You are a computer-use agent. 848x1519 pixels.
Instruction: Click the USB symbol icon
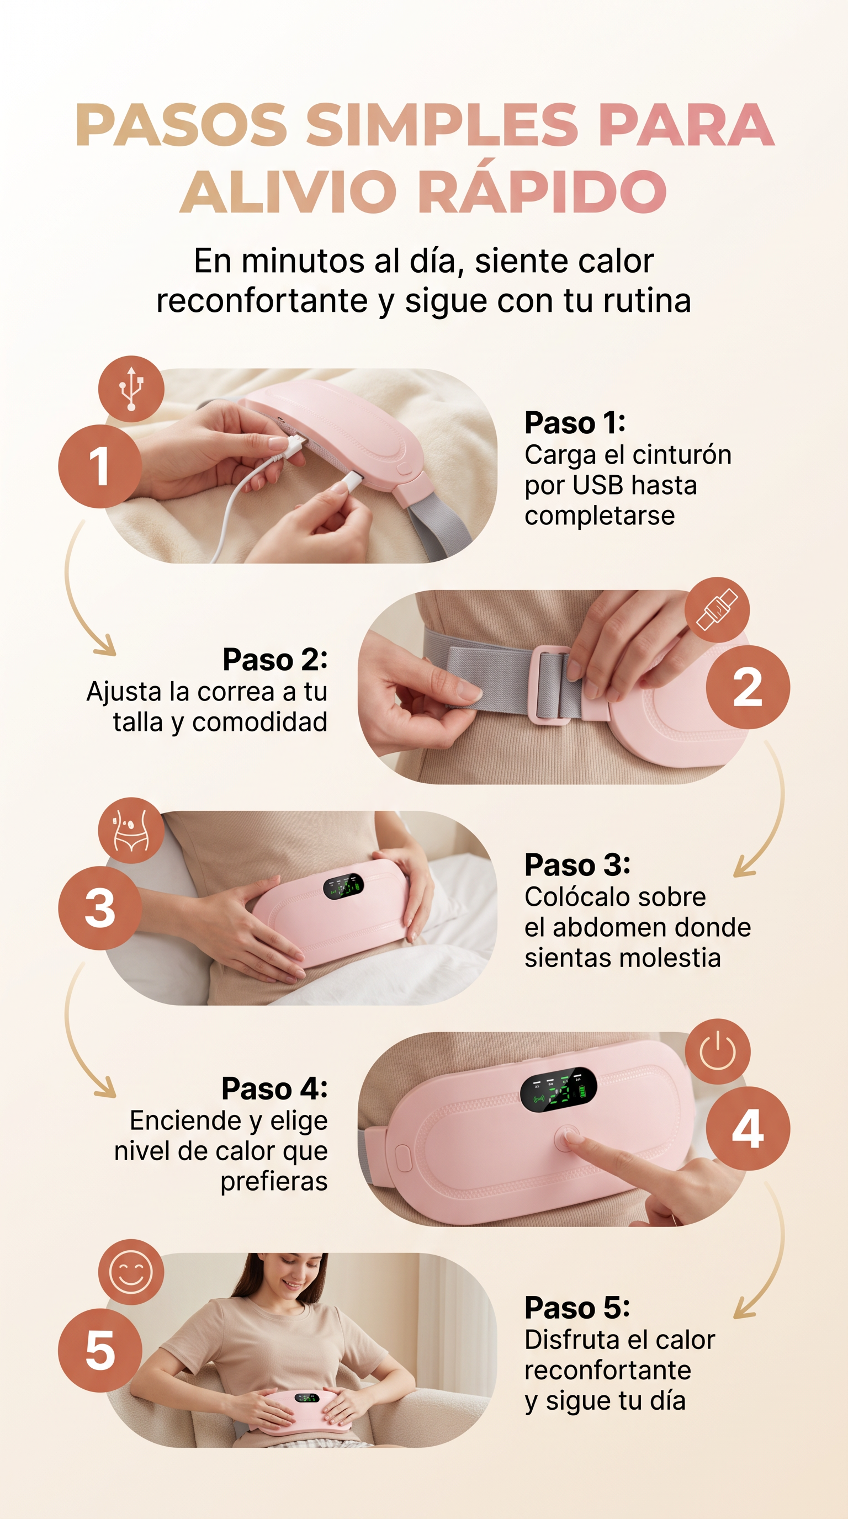131,389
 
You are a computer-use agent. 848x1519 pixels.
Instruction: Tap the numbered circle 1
100,466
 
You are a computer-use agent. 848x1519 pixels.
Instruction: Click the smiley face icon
131,1272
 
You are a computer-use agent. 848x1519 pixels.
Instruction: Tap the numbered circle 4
748,1129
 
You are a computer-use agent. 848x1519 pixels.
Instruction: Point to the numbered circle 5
100,1350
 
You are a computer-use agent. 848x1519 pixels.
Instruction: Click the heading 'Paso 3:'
577,865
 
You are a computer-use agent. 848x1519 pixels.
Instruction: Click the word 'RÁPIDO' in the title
543,192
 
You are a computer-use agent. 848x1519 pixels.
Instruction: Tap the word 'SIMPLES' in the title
442,125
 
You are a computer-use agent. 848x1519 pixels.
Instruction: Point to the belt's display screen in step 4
558,1090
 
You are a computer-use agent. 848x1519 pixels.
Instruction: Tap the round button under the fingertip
566,1138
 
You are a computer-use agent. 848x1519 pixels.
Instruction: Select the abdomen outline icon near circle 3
131,830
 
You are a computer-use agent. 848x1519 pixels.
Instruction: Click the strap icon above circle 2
717,610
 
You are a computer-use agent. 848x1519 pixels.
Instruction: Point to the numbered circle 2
748,687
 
